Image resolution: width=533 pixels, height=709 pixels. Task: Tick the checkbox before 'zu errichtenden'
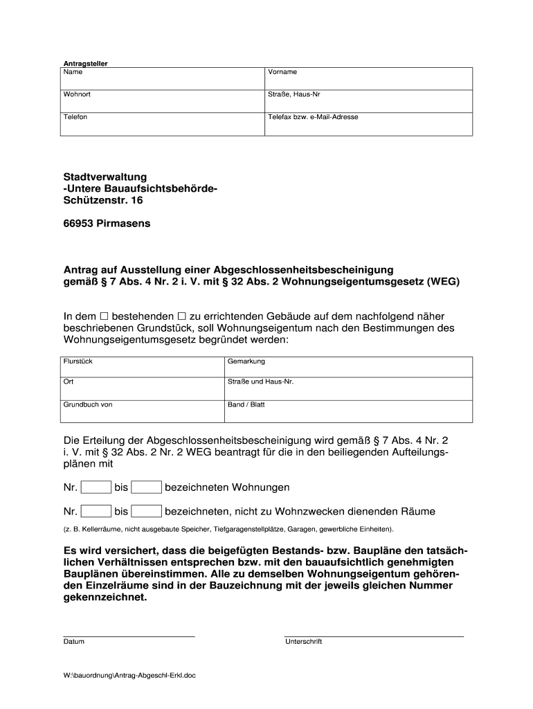coord(183,316)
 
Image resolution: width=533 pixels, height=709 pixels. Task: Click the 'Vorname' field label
coord(282,72)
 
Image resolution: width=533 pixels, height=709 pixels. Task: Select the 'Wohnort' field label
coord(76,94)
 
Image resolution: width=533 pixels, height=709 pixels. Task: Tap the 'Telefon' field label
coord(75,117)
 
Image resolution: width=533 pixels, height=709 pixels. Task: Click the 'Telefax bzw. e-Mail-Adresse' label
coord(313,117)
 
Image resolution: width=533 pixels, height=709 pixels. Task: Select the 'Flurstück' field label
coord(78,361)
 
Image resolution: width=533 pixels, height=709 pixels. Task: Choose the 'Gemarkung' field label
coord(246,361)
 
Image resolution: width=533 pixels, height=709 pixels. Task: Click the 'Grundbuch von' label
coord(87,404)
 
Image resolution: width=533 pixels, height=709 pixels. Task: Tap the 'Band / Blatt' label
coord(246,404)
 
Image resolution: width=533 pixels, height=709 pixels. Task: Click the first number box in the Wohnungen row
coord(96,487)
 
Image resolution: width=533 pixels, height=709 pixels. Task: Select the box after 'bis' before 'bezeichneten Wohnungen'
coord(146,487)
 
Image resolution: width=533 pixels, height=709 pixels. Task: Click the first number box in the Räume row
coord(96,512)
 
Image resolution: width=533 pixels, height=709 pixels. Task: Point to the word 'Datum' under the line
coord(74,641)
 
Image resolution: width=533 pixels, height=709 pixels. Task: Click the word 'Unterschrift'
coord(303,641)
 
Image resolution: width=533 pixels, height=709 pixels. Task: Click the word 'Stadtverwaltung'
coord(105,177)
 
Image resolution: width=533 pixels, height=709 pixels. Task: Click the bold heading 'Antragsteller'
coord(86,64)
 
